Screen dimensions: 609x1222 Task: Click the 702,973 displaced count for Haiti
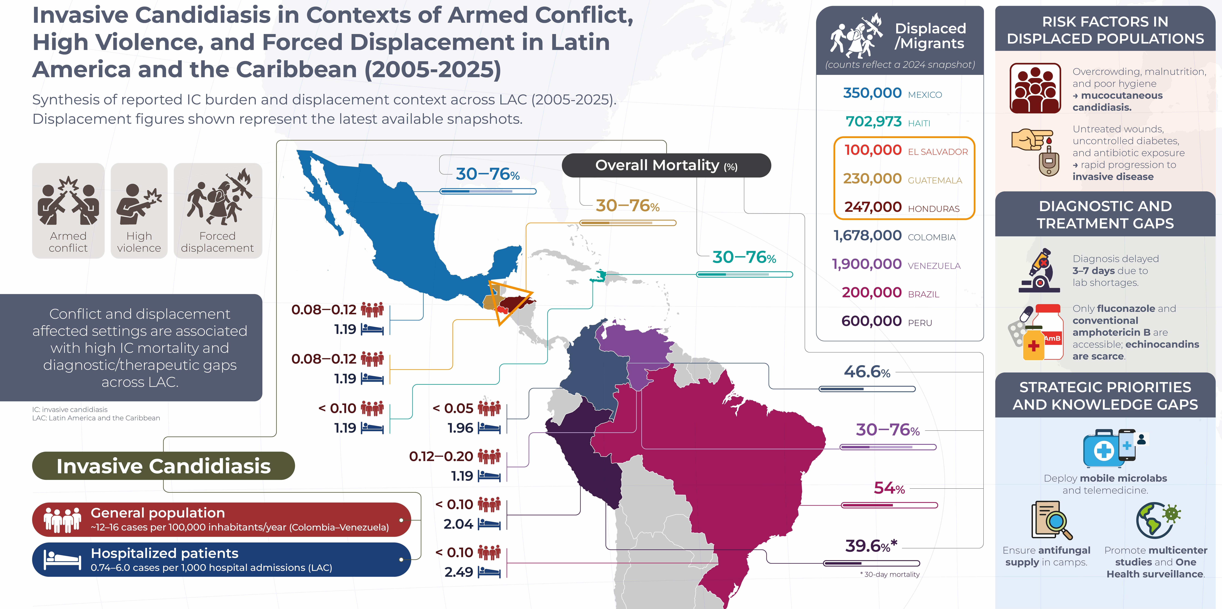[873, 122]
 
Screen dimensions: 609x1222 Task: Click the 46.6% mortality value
[867, 371]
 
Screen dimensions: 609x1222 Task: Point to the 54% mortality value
[889, 488]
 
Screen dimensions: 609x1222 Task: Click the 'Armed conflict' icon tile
[68, 211]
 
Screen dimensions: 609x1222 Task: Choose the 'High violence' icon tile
[139, 211]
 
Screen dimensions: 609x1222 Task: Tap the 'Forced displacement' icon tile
[218, 211]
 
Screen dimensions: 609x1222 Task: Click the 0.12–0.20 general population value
[441, 456]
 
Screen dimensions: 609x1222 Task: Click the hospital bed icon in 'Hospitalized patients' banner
[62, 560]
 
